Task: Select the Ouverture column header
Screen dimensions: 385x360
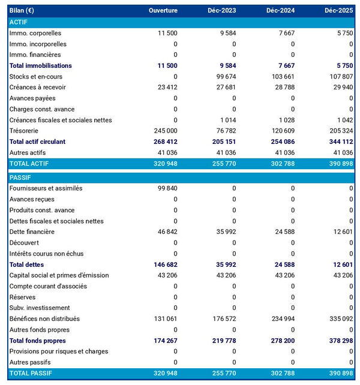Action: [x=163, y=11]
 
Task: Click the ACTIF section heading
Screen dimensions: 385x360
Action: [x=19, y=22]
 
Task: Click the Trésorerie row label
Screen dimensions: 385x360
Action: [x=24, y=131]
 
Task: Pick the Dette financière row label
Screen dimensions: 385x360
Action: [x=32, y=231]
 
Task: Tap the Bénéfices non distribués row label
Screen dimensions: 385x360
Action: [x=44, y=318]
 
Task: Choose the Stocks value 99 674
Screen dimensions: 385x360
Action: [x=224, y=76]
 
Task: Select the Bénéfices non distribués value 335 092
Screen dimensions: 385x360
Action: [x=340, y=318]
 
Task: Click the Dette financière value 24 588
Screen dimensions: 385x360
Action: [x=283, y=231]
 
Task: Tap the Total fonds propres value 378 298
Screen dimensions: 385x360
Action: [x=340, y=340]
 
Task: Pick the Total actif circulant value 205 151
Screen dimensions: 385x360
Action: [x=223, y=142]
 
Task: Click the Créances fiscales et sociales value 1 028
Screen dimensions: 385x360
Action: [x=285, y=120]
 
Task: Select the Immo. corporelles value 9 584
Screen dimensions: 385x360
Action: [x=226, y=33]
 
